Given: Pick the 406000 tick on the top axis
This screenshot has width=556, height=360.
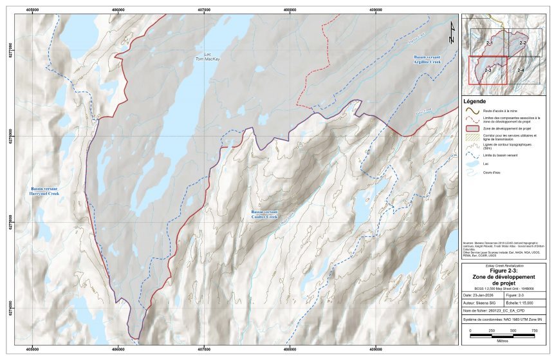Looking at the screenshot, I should pos(119,10).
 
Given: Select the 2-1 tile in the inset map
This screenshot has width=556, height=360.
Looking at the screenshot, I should pos(489,43).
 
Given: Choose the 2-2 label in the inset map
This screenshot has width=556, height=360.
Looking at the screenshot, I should pos(523,43).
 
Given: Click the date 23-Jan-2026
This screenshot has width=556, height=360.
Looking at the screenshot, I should pos(485,295).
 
